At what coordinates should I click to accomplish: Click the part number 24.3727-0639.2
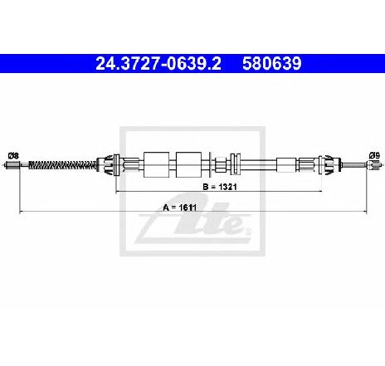pyautogui.click(x=158, y=64)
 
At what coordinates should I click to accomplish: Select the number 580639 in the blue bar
pyautogui.click(x=272, y=64)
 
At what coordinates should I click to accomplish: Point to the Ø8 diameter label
pyautogui.click(x=13, y=156)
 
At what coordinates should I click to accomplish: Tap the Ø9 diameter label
pyautogui.click(x=374, y=156)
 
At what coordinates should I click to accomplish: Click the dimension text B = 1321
pyautogui.click(x=220, y=187)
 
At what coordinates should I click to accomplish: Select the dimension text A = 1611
pyautogui.click(x=180, y=207)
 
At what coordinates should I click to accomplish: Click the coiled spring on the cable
pyautogui.click(x=63, y=165)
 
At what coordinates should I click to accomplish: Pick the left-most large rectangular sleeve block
pyautogui.click(x=157, y=164)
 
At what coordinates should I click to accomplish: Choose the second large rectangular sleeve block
pyautogui.click(x=188, y=164)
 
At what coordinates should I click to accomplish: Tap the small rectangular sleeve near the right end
pyautogui.click(x=286, y=165)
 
